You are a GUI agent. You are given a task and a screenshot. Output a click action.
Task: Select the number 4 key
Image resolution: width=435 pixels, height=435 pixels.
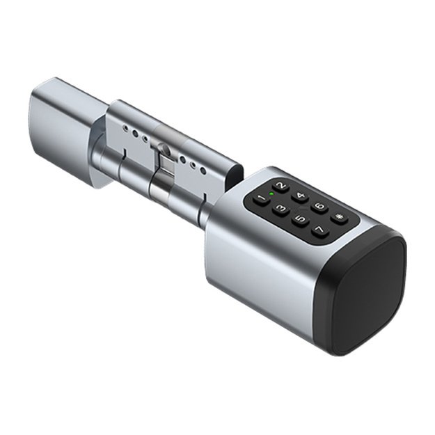[x=300, y=197]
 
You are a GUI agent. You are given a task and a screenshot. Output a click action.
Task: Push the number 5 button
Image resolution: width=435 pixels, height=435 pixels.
[x=300, y=220]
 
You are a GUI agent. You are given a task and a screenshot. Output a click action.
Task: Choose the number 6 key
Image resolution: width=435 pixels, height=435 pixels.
[x=319, y=207]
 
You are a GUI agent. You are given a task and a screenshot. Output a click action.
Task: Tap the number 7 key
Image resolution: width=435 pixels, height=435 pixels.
[x=319, y=230]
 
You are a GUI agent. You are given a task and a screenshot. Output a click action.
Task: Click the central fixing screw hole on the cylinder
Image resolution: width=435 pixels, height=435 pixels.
[x=164, y=149]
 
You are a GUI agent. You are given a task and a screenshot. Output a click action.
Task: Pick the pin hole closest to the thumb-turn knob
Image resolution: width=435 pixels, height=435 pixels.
[x=124, y=129]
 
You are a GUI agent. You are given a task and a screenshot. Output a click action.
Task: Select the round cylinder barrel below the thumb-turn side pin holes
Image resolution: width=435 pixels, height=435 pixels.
[x=118, y=164]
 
